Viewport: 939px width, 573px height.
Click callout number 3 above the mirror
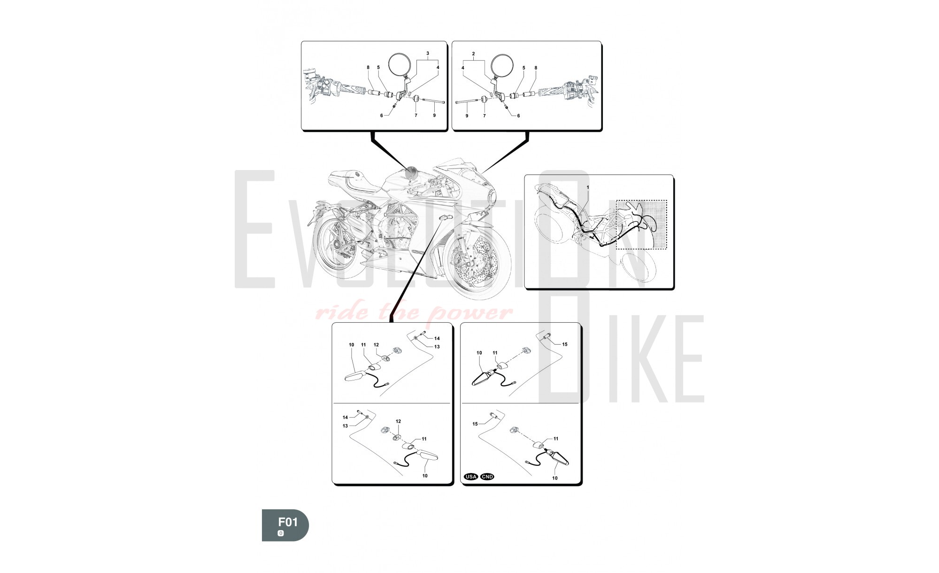coord(428,54)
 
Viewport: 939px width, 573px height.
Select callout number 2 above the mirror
coord(473,54)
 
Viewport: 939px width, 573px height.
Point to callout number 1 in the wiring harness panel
coord(588,187)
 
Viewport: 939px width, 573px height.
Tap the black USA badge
coord(471,477)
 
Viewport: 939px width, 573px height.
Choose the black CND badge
coord(487,477)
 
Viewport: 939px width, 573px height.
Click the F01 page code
coord(288,522)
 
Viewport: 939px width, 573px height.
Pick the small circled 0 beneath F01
coord(281,533)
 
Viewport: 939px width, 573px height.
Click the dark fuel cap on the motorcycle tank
coord(413,171)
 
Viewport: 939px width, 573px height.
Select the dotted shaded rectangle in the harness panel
coord(641,225)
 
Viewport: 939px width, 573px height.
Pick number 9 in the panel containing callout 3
coord(434,116)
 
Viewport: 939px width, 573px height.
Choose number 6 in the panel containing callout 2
coord(518,116)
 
